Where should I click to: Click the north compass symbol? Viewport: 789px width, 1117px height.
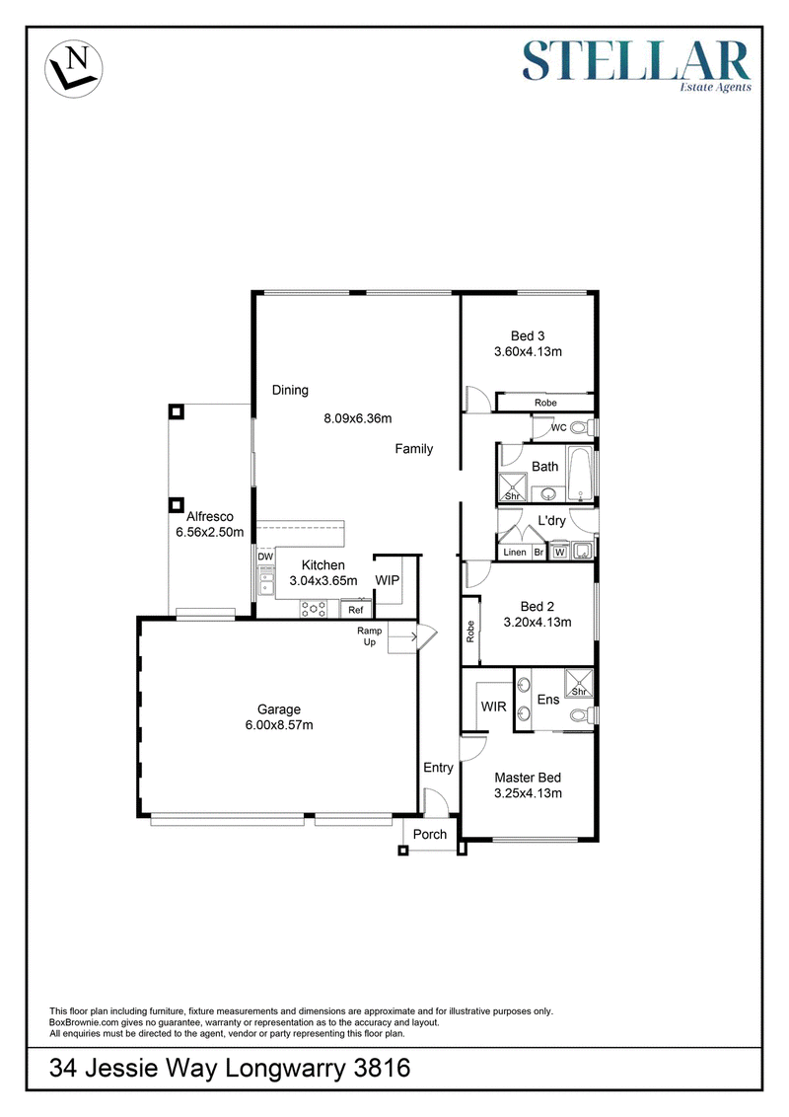73,68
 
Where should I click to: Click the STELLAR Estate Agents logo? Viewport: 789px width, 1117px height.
636,65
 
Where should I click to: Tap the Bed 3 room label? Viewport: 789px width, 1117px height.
528,336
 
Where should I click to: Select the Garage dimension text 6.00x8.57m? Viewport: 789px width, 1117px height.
279,725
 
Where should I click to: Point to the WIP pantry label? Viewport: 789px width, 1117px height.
388,580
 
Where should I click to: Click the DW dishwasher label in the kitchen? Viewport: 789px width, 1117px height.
265,558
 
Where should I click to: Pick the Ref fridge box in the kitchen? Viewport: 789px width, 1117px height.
355,610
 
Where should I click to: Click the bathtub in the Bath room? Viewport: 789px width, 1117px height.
580,474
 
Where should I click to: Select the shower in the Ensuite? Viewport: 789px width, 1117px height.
578,683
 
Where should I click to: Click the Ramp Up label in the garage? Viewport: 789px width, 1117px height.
370,636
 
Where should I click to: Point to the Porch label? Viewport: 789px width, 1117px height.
430,834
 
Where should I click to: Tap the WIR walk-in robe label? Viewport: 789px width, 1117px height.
493,707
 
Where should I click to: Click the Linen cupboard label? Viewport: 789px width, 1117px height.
515,553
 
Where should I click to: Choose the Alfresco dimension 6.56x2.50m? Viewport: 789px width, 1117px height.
210,532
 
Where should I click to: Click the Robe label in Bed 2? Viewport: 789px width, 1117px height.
470,632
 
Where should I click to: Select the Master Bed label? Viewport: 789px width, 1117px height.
528,778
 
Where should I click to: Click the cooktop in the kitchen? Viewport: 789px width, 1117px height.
314,609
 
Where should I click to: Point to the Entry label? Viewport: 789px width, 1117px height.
438,768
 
